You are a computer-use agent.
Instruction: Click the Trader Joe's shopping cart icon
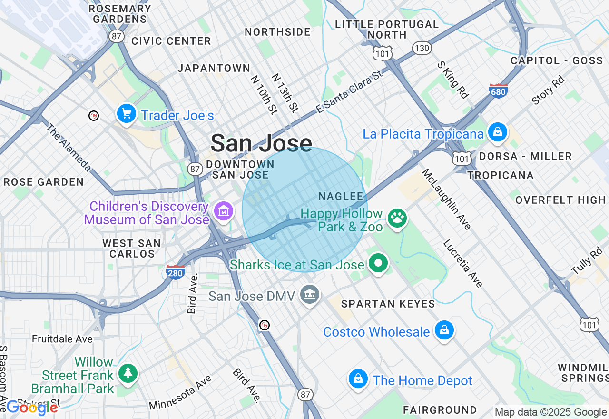[127, 114]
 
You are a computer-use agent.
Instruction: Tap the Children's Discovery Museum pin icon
[224, 210]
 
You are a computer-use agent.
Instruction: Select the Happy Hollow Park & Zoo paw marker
[397, 219]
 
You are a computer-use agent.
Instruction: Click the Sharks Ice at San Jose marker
[378, 263]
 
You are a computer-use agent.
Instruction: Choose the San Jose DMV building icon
[310, 295]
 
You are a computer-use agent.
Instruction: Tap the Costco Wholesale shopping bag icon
[444, 330]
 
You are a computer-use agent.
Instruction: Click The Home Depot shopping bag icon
[358, 379]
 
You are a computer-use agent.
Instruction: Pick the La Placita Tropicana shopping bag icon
[497, 132]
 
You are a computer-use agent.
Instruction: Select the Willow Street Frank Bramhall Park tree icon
[128, 373]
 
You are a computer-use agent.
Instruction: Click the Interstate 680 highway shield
[498, 90]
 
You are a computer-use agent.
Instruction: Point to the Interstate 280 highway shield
[176, 272]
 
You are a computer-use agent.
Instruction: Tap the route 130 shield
[422, 48]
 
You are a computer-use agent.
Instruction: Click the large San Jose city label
[261, 143]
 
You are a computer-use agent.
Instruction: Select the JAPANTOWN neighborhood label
[214, 68]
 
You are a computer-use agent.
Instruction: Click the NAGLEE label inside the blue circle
[341, 196]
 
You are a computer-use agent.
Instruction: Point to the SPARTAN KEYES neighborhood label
[388, 303]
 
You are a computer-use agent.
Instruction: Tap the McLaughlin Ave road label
[446, 199]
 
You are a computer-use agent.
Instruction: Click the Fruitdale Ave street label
[62, 339]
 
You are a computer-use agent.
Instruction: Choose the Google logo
[32, 408]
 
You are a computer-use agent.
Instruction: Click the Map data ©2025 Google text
[550, 412]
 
